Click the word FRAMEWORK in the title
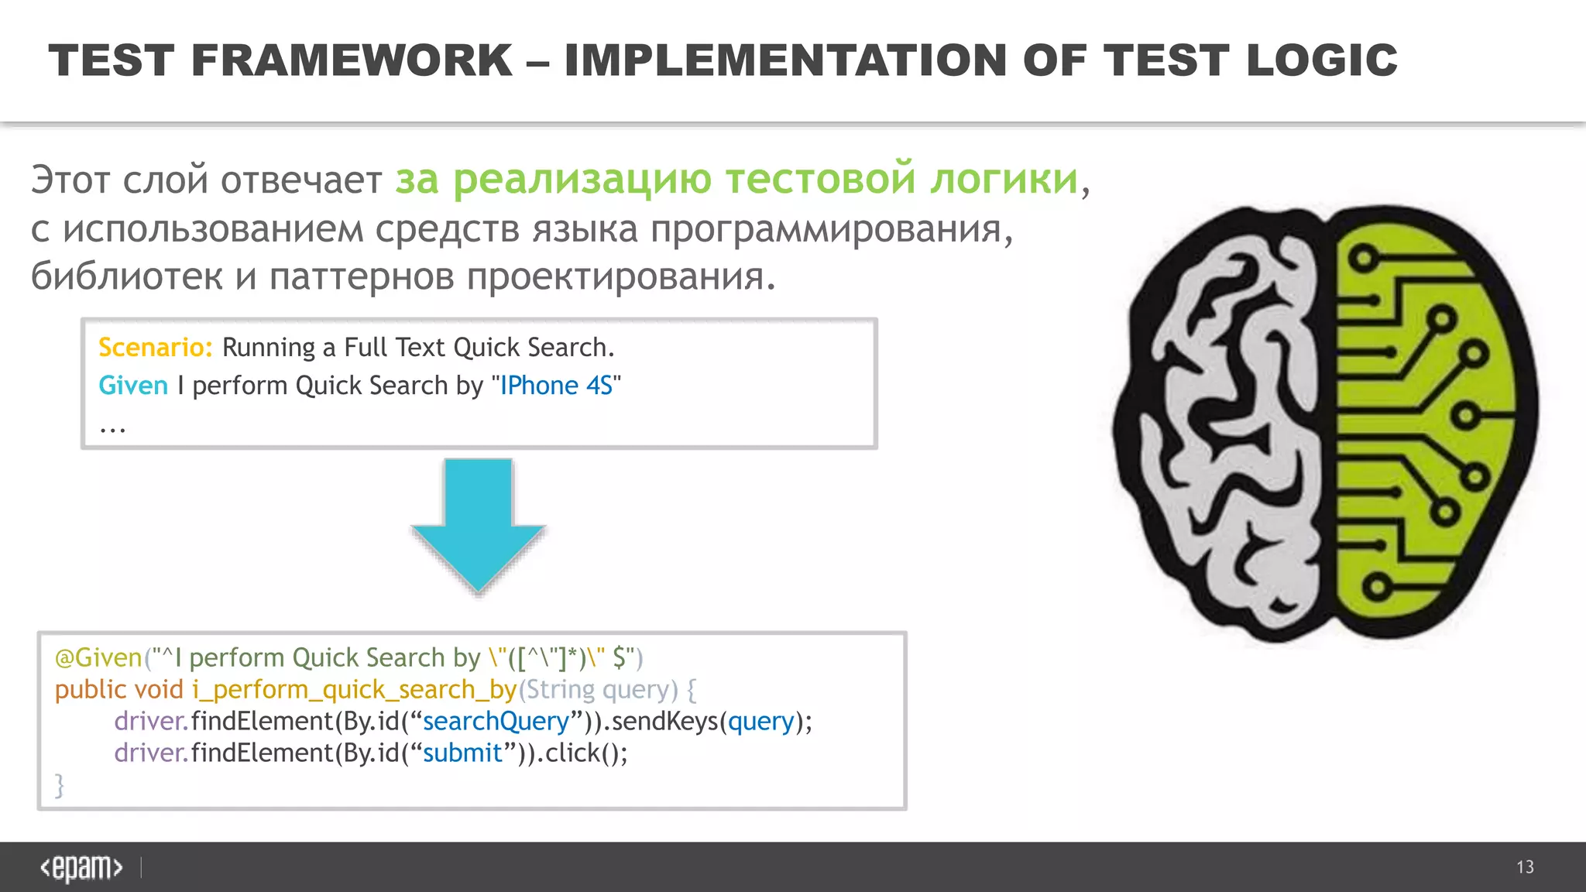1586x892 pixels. click(351, 60)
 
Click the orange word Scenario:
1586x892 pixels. click(155, 348)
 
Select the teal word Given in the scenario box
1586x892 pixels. click(133, 386)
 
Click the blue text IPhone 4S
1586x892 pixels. click(556, 386)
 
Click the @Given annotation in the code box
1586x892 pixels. click(98, 657)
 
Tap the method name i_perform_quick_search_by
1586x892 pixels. click(354, 689)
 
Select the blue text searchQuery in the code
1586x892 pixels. click(496, 721)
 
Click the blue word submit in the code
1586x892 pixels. click(462, 753)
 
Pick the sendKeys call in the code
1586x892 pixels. click(664, 721)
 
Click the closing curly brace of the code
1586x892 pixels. click(60, 784)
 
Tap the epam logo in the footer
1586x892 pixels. click(81, 867)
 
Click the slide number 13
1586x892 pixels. click(1525, 867)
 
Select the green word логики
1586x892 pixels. click(1004, 179)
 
